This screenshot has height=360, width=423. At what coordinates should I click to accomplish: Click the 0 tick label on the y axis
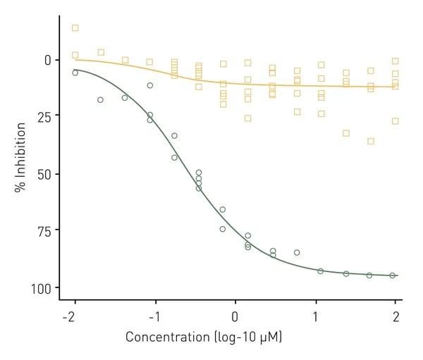pos(47,60)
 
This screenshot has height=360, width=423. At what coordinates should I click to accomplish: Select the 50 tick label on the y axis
pos(44,174)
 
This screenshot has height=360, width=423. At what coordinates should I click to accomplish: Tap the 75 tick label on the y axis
pos(44,230)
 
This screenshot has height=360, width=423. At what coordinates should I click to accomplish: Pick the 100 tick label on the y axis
pos(41,287)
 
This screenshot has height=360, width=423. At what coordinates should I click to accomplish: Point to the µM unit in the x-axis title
pos(270,337)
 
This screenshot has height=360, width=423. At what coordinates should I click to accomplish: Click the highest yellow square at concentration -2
pos(75,28)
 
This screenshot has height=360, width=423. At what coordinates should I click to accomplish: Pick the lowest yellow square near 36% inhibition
pos(371,141)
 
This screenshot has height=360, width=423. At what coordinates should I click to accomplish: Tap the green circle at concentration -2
pos(75,73)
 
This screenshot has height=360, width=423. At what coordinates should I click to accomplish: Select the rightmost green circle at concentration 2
pos(393,275)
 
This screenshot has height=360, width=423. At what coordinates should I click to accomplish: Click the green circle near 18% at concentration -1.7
pos(100,100)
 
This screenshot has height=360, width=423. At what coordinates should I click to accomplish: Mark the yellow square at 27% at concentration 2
pos(395,121)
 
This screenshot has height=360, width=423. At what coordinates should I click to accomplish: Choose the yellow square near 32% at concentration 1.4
pos(346,133)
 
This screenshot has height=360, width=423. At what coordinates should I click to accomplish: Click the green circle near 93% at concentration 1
pos(321,271)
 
